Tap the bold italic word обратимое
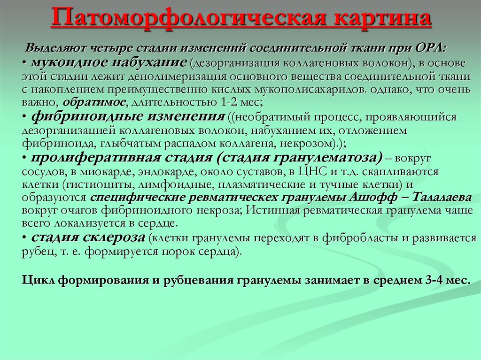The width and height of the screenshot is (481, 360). coord(94,101)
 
